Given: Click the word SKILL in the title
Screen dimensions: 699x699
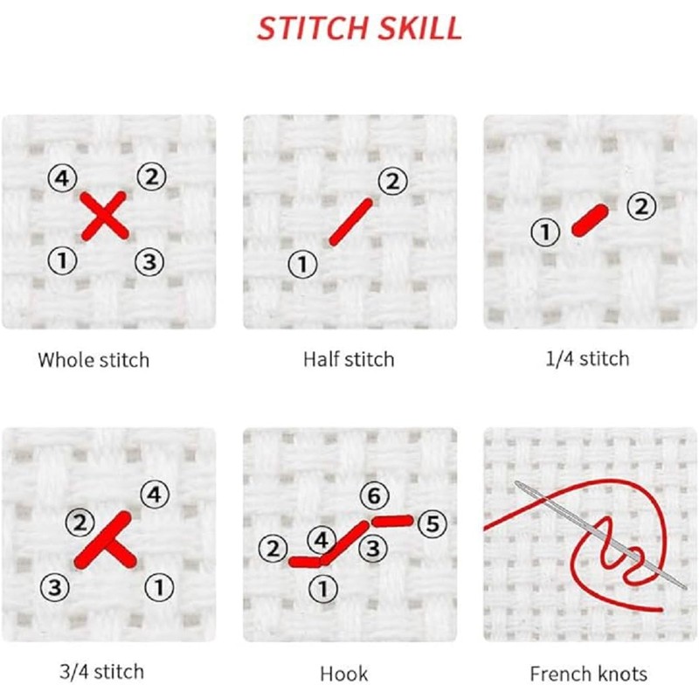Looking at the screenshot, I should tap(418, 28).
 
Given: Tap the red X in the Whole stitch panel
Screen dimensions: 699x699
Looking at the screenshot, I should tap(105, 218).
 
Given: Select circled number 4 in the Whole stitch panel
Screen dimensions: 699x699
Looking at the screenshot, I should tap(60, 180).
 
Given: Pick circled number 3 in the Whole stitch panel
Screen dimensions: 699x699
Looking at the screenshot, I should tap(149, 260).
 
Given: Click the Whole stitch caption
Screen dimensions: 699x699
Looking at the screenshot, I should tap(93, 359).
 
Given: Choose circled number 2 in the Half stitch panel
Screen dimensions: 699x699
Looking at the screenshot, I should tap(392, 182).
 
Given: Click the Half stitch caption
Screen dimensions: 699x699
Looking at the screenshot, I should tap(349, 359).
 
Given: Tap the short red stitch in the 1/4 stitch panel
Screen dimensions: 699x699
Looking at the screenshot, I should tap(590, 220).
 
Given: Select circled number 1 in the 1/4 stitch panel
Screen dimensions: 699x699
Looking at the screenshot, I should tap(546, 232).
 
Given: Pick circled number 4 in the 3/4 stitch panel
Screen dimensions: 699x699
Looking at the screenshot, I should tap(154, 495).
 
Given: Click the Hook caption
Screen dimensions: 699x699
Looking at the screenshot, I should tap(344, 673).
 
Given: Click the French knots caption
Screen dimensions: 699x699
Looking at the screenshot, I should tap(589, 673).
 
